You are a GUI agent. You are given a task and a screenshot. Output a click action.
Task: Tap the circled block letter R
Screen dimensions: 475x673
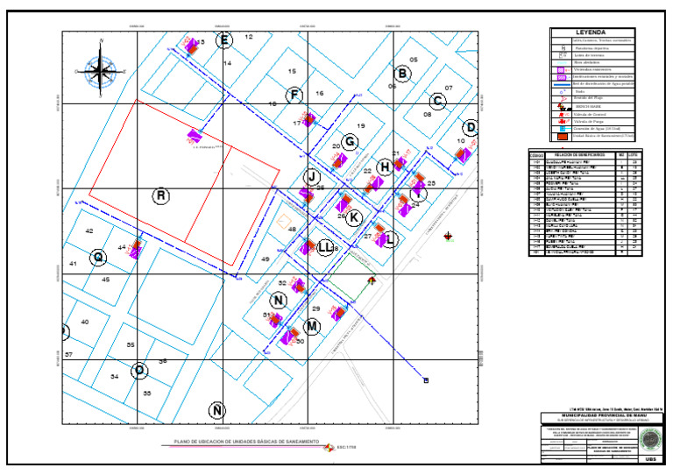tap(160, 195)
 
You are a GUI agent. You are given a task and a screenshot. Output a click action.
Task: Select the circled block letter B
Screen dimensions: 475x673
tap(402, 74)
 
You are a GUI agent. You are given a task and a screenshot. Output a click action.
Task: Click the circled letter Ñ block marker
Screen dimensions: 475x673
tap(217, 409)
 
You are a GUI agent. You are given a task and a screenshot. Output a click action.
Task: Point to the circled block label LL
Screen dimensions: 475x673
tap(324, 247)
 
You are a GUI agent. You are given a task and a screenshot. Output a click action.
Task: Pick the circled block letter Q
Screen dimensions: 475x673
tap(99, 257)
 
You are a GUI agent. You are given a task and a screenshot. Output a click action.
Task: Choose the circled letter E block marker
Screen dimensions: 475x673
tap(224, 40)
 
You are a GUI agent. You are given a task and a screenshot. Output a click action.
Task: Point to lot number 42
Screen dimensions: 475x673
tap(89, 230)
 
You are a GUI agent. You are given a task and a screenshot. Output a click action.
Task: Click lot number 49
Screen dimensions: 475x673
tap(265, 259)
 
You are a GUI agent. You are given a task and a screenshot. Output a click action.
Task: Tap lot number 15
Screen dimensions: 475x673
tap(292, 71)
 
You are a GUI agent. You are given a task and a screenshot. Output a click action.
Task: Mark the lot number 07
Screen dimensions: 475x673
tap(448, 89)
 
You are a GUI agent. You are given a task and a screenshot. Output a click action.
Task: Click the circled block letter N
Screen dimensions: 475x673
tap(279, 301)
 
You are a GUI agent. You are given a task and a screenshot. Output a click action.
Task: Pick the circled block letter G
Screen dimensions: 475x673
tap(350, 142)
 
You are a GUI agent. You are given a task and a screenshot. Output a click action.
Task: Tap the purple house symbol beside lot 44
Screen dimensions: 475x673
tap(136, 252)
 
